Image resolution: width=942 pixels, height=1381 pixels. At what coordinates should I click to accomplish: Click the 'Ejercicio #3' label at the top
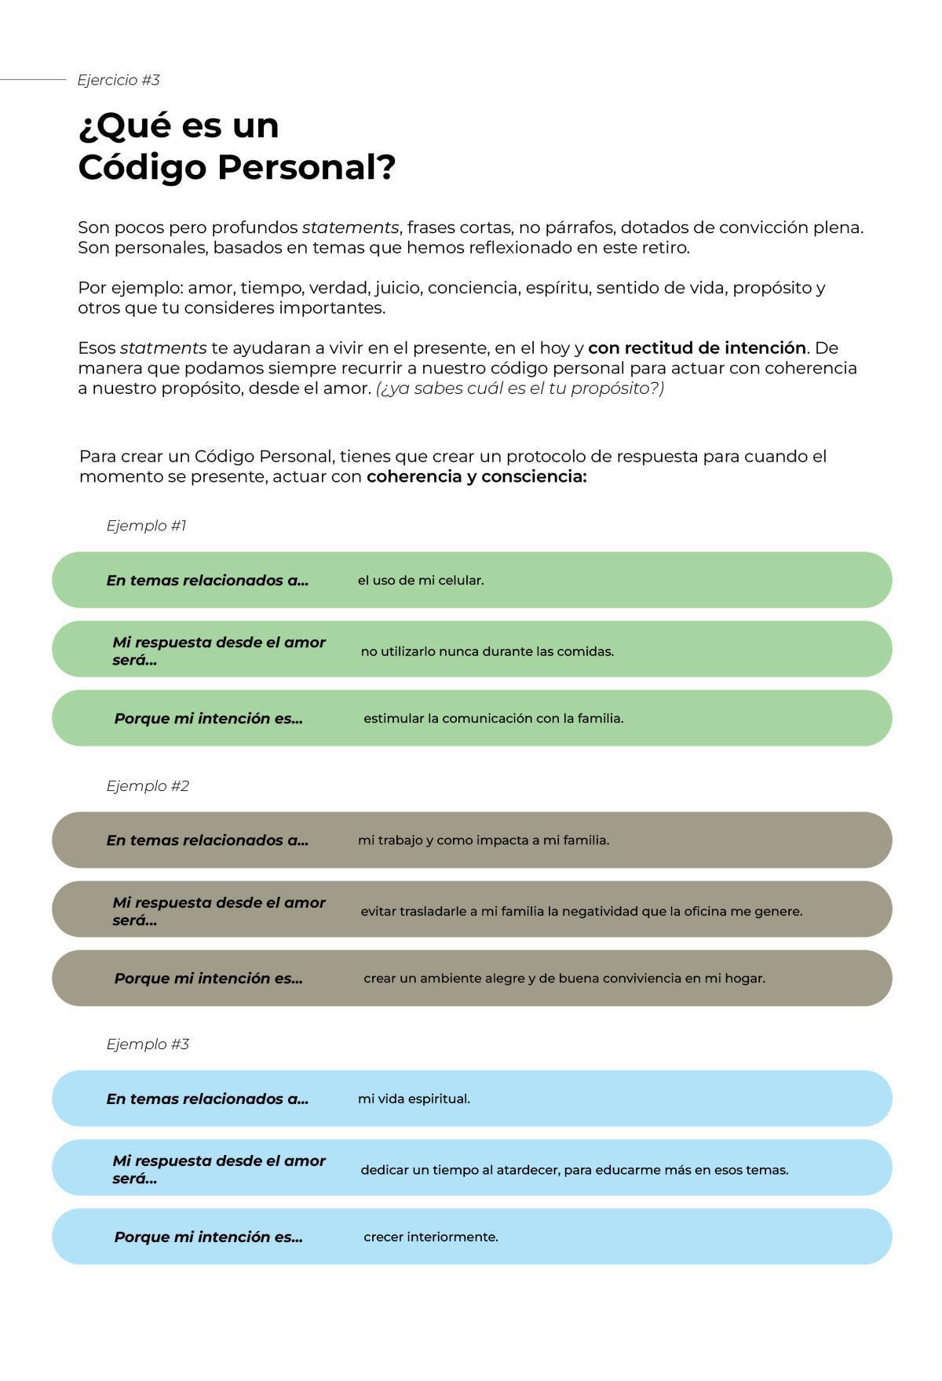pyautogui.click(x=119, y=80)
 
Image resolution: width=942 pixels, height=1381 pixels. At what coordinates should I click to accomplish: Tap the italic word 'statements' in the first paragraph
pyautogui.click(x=350, y=228)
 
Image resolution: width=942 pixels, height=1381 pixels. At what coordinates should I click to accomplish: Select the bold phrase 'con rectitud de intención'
pyautogui.click(x=696, y=348)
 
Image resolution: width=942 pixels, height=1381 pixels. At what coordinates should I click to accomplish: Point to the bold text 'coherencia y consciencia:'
pyautogui.click(x=476, y=477)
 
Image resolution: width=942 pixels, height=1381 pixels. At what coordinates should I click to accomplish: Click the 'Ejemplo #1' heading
pyautogui.click(x=147, y=526)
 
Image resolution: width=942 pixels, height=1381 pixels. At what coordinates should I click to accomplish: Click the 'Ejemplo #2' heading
pyautogui.click(x=148, y=786)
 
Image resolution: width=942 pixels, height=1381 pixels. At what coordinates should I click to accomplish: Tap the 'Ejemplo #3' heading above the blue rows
pyautogui.click(x=148, y=1044)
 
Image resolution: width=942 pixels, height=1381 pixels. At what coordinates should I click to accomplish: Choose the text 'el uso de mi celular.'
pyautogui.click(x=421, y=581)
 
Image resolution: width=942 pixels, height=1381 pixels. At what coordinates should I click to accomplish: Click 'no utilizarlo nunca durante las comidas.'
pyautogui.click(x=487, y=651)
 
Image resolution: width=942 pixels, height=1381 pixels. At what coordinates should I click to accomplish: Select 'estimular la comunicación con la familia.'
pyautogui.click(x=493, y=719)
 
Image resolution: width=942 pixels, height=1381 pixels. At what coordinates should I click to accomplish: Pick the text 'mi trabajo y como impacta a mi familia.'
pyautogui.click(x=483, y=840)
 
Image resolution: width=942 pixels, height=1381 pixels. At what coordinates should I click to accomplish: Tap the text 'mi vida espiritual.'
pyautogui.click(x=414, y=1099)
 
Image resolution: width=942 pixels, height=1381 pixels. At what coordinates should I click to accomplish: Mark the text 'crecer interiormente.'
pyautogui.click(x=430, y=1237)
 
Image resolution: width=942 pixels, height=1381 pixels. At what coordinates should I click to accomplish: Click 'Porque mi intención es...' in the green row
pyautogui.click(x=208, y=719)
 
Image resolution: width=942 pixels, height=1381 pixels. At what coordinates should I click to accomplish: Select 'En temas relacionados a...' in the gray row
pyautogui.click(x=207, y=840)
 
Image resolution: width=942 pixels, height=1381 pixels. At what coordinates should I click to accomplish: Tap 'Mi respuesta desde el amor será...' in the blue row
pyautogui.click(x=218, y=1169)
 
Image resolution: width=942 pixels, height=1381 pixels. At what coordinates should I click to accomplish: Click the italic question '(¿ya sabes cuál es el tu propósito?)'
pyautogui.click(x=520, y=388)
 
